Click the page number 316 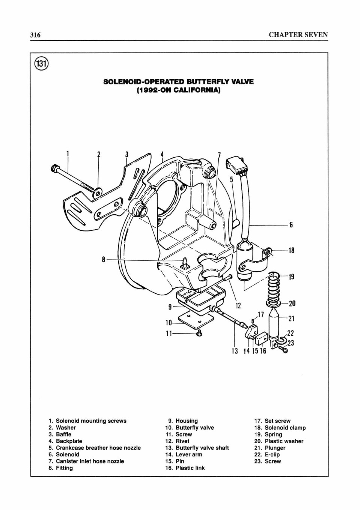(x=35, y=35)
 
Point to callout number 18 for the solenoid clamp (x=291, y=250)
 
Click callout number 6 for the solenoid (x=291, y=225)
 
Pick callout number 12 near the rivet (x=238, y=305)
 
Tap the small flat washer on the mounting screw (x=98, y=193)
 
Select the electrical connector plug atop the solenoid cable (x=231, y=165)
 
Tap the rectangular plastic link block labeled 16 (x=262, y=339)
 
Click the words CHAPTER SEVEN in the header (x=298, y=35)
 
